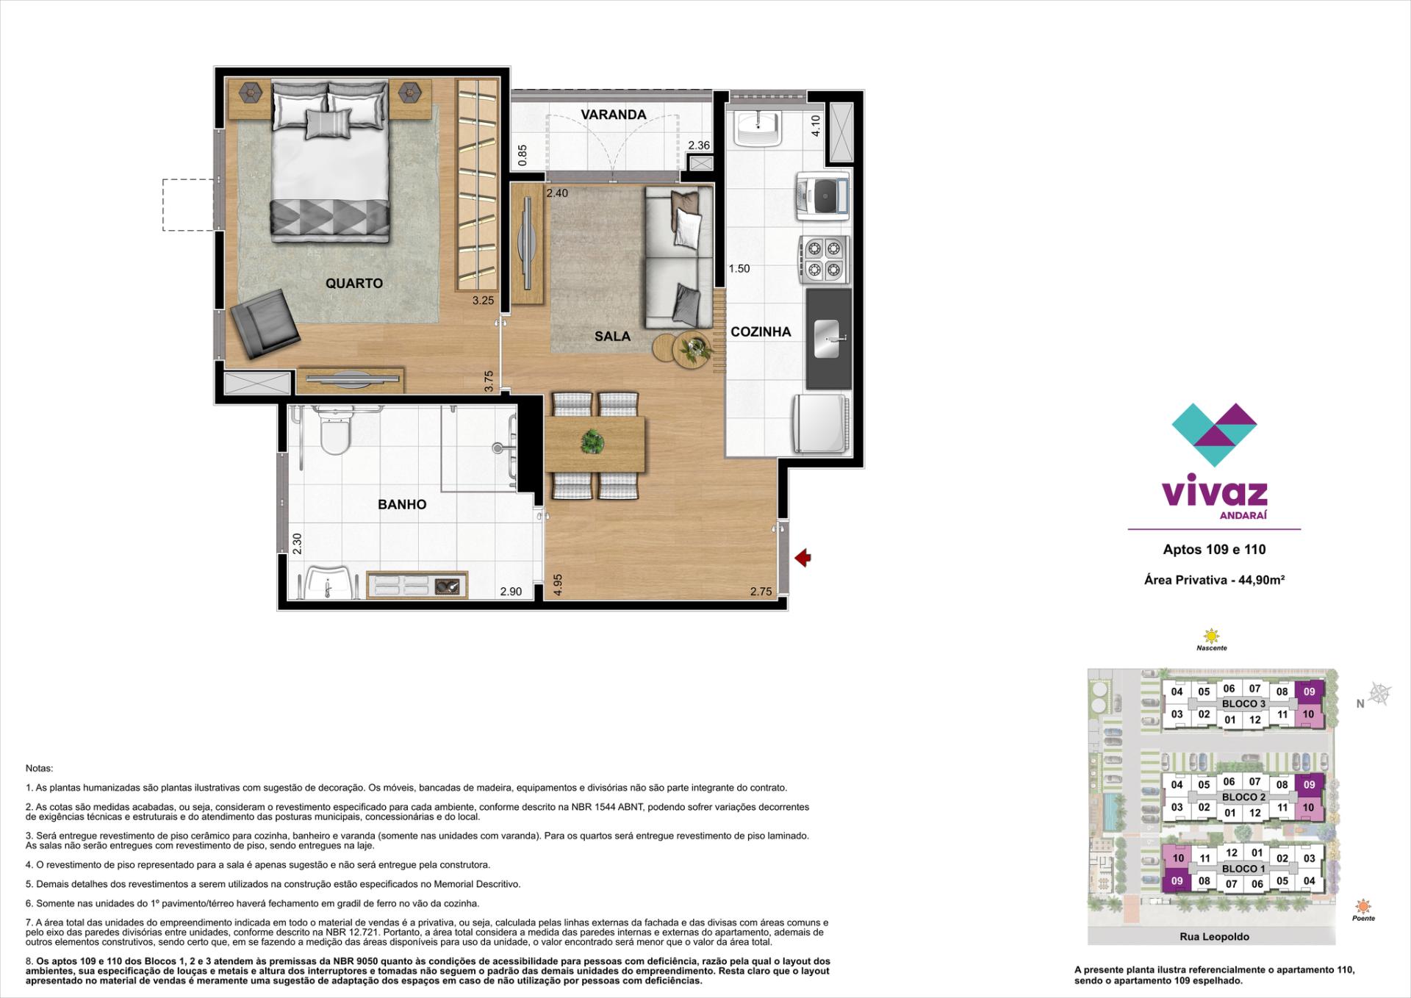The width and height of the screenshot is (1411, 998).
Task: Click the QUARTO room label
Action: (354, 283)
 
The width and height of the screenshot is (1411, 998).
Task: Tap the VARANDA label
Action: (614, 115)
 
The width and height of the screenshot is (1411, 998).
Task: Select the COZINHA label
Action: (761, 331)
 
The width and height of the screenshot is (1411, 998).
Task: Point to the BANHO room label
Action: (402, 504)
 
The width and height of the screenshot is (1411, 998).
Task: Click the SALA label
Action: (613, 336)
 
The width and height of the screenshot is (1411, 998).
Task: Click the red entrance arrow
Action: (803, 559)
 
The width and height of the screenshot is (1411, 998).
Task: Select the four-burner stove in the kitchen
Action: (824, 260)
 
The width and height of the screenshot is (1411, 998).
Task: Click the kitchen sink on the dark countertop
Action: (827, 339)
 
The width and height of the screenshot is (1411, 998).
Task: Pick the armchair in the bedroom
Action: (265, 321)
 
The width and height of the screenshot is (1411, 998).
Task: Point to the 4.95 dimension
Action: (558, 584)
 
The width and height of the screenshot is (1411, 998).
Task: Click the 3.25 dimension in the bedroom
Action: (483, 301)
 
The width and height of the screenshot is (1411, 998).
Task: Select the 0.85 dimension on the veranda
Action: (523, 155)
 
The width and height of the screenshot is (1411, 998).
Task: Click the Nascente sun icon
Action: (1210, 636)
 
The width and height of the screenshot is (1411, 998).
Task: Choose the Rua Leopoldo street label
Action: (1214, 936)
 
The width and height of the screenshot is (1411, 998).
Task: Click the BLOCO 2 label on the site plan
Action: (1243, 797)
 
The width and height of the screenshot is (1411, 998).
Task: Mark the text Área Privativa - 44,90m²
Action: (1214, 580)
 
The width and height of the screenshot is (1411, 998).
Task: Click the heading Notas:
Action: (39, 768)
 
